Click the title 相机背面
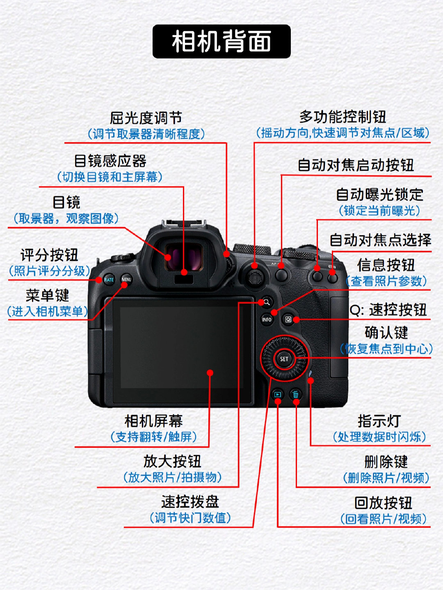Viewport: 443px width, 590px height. point(221,41)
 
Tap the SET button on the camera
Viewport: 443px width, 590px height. point(284,359)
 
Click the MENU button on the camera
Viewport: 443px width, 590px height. point(126,280)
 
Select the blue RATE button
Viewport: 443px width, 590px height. point(109,280)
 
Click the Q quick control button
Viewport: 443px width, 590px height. point(288,319)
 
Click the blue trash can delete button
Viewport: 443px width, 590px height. point(295,395)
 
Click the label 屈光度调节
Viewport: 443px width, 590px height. point(146,118)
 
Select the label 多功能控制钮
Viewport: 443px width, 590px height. point(343,117)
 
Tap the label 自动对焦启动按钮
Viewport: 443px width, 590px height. point(356,165)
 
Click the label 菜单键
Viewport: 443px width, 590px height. point(47,295)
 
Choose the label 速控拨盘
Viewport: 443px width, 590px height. point(190,501)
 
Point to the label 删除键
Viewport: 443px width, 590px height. point(386,462)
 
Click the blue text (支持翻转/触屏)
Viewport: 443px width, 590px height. point(153,437)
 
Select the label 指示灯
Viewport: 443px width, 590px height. point(379,421)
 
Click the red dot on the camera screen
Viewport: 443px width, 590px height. point(210,373)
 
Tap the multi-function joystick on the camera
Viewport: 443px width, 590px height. point(255,278)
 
